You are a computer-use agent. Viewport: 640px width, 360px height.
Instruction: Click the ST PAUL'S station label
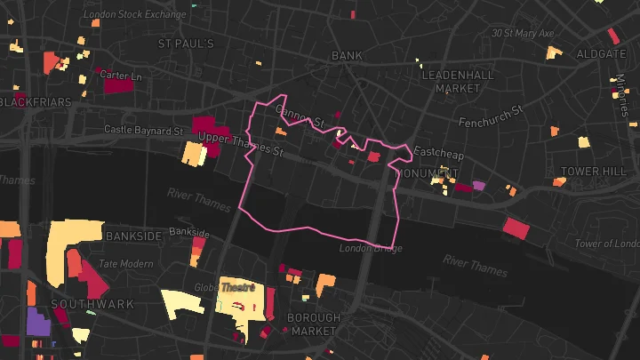(186, 44)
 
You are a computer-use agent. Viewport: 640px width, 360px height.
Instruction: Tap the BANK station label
(347, 55)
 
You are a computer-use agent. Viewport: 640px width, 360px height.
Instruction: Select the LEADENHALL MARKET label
(458, 81)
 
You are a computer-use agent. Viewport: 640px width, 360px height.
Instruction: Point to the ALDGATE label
(601, 54)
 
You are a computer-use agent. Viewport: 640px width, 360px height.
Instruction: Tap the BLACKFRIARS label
(36, 102)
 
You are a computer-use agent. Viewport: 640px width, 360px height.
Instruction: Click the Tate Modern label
(125, 264)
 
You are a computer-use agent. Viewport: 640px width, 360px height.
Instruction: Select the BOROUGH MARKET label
(314, 324)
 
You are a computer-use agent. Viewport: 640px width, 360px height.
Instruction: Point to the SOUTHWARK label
(92, 304)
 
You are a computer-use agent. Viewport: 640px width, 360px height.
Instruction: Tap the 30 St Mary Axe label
(523, 34)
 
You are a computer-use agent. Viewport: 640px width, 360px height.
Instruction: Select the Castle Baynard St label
(143, 130)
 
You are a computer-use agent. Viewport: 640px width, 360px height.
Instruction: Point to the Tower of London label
(607, 244)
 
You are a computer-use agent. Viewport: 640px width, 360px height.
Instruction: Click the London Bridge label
(371, 249)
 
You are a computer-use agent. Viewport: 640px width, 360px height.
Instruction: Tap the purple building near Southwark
(37, 322)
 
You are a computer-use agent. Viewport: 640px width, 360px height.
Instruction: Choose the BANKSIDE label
(133, 236)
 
